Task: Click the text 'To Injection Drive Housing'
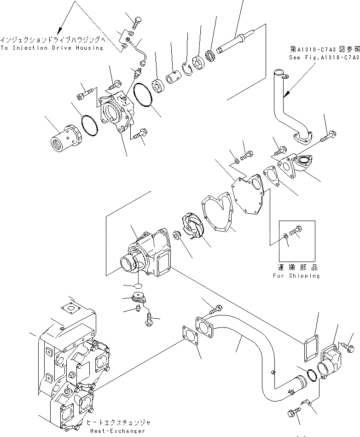[x=52, y=48]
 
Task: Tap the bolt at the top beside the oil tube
[x=136, y=20]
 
